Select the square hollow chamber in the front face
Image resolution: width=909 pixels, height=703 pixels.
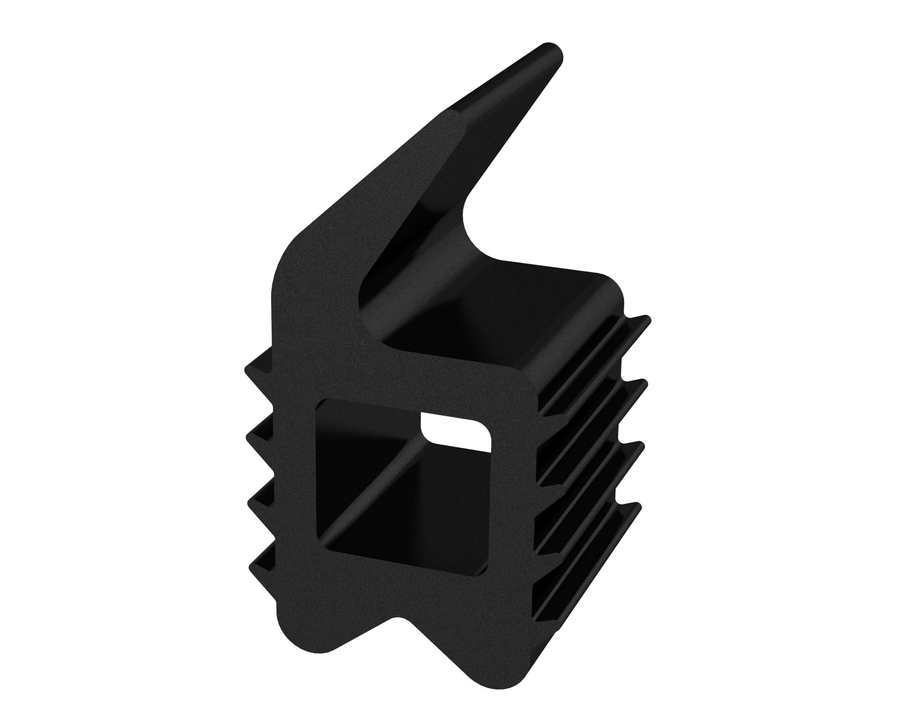(400, 492)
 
